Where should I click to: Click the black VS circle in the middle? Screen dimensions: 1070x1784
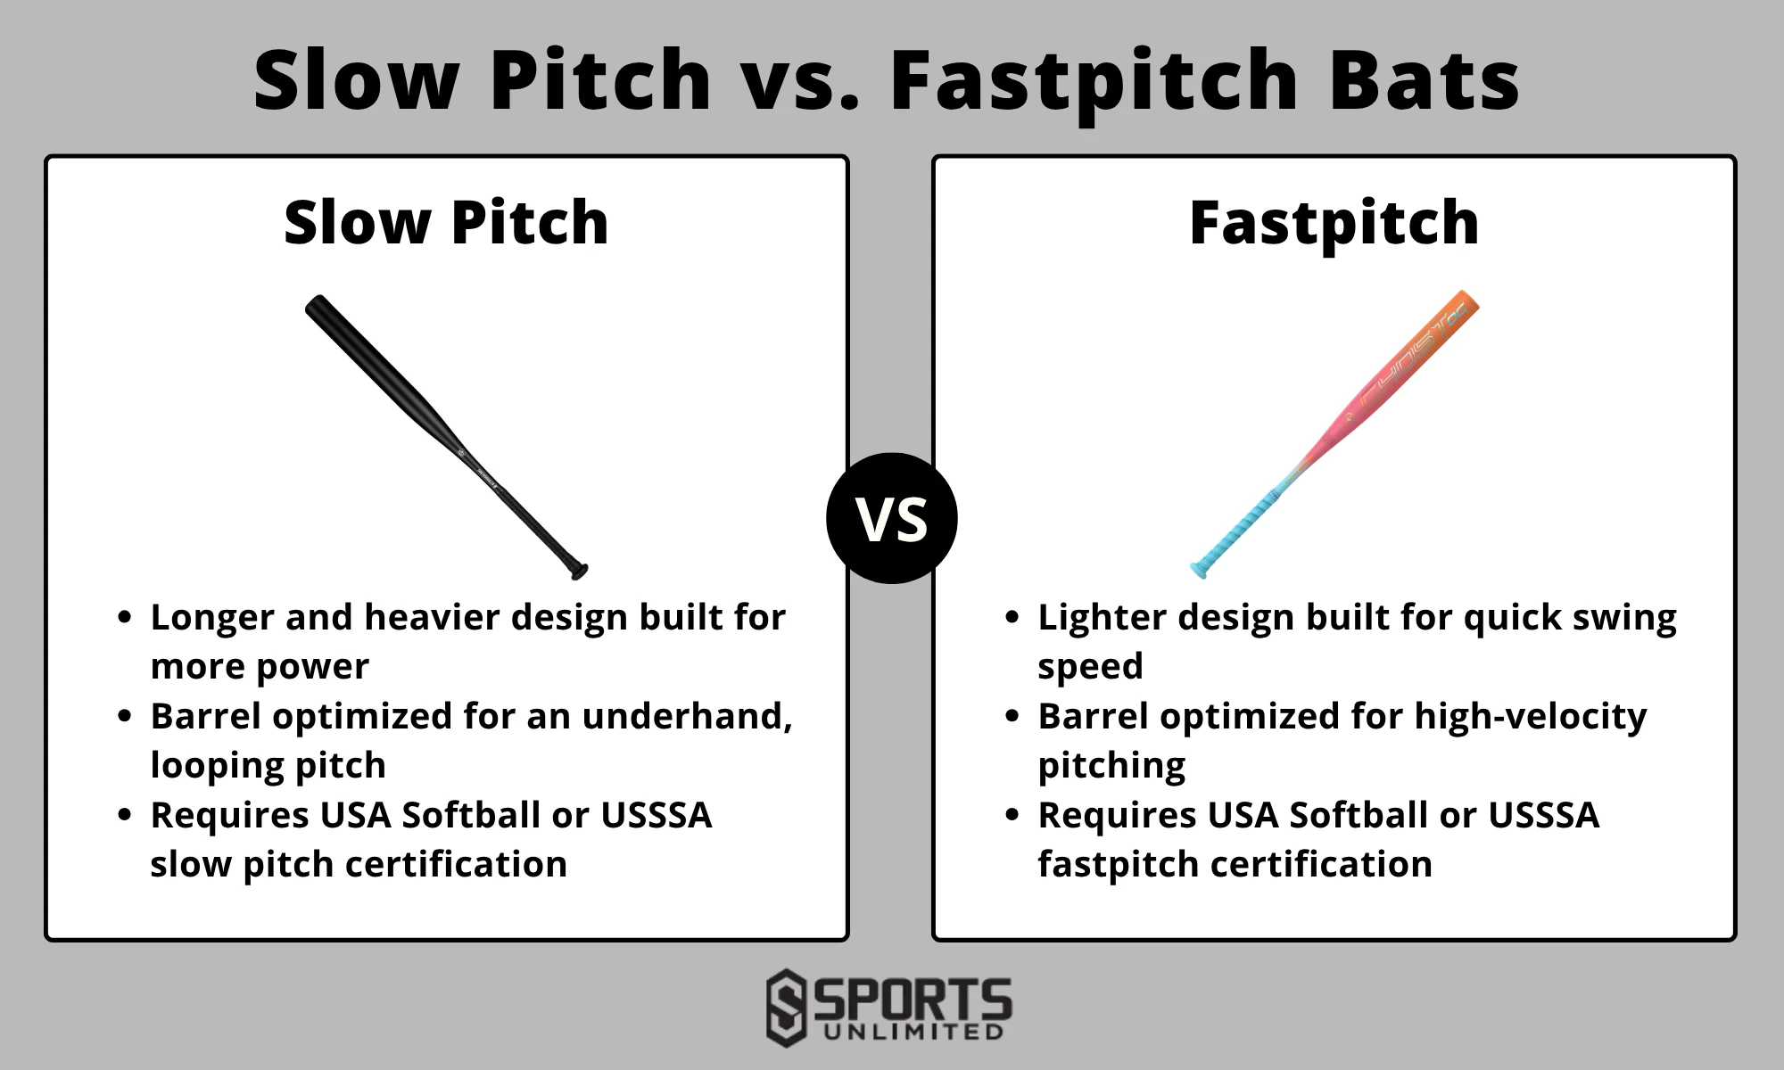892,518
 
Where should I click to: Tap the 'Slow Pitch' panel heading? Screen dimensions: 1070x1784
446,222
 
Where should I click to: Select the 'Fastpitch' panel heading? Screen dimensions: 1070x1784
1334,222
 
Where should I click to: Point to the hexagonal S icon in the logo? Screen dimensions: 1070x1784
786,1008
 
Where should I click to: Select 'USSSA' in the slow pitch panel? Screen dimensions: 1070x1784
656,815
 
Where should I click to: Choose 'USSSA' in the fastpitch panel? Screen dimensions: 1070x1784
1543,815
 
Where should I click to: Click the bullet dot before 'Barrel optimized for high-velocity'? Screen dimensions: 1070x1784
1012,716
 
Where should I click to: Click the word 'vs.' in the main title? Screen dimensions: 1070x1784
800,80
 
